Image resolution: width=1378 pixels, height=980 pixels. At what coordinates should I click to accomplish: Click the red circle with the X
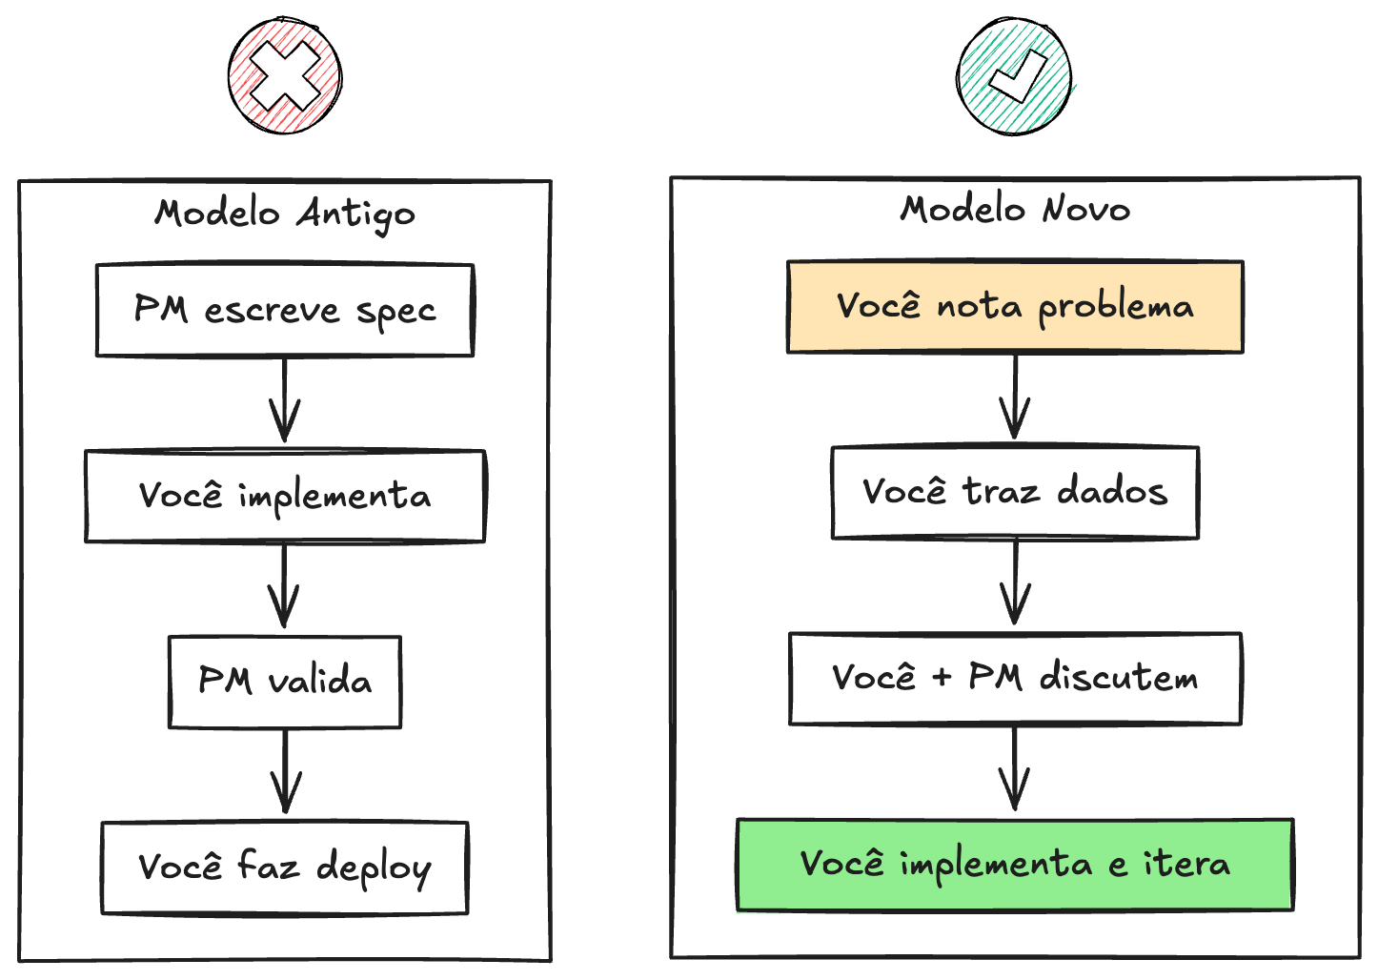(285, 76)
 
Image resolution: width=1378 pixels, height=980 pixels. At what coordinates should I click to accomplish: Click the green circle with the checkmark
(1015, 76)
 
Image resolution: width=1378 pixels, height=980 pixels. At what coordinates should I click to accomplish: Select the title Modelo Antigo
(285, 214)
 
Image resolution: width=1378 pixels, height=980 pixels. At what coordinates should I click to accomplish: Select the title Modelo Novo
(1015, 209)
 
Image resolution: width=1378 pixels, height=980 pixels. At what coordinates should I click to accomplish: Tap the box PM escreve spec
(285, 311)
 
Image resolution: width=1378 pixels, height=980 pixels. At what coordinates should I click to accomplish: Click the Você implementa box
(285, 497)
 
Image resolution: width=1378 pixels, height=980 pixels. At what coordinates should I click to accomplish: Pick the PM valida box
(285, 682)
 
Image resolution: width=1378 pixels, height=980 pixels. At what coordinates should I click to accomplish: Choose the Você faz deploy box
(285, 868)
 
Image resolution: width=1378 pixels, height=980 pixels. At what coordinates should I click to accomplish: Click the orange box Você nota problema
(1015, 307)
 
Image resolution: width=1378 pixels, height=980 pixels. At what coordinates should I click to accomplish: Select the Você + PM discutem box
(1015, 678)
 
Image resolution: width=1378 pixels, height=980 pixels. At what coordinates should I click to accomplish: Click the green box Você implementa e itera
(1015, 864)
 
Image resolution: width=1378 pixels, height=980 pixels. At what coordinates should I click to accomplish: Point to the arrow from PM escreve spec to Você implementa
(285, 400)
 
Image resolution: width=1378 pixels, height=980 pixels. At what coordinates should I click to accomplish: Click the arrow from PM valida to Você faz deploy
(286, 772)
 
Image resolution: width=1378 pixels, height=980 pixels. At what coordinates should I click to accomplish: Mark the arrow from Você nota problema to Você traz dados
(1015, 397)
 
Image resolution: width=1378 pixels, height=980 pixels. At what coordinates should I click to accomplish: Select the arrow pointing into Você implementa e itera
(1015, 768)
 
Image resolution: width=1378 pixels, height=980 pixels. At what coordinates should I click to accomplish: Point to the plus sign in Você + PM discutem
(942, 678)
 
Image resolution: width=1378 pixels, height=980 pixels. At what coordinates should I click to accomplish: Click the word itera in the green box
(1186, 864)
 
